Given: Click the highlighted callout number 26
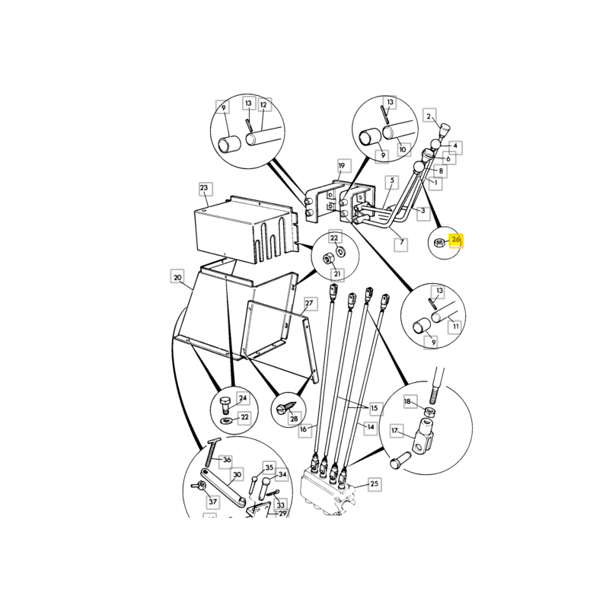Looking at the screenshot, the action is (455, 240).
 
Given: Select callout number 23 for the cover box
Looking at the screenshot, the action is (204, 188).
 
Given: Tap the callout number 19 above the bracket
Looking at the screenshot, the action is (341, 166).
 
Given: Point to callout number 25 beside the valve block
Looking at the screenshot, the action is (374, 484).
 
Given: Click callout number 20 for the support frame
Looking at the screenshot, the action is (177, 277).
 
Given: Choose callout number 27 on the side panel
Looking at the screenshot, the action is (309, 303).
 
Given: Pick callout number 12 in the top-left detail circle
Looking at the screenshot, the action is (263, 105).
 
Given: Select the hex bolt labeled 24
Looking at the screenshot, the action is (225, 406).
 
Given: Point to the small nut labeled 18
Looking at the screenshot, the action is (429, 411).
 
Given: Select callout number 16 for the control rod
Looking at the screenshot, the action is (303, 429).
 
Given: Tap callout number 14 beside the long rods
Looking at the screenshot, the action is (371, 427).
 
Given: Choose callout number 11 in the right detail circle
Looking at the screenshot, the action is (455, 327).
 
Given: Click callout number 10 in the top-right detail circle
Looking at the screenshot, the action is (403, 149).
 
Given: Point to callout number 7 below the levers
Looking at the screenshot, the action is (402, 243).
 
